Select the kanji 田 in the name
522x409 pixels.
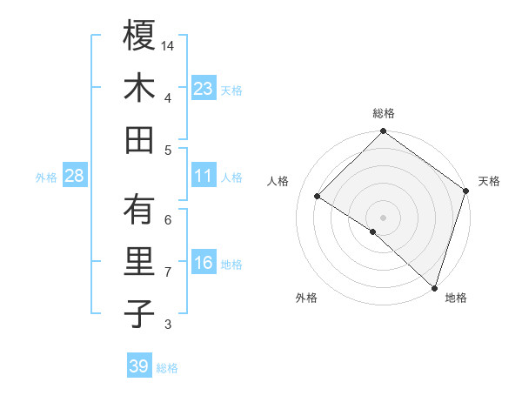coord(139,139)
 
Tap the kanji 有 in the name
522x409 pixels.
coord(139,209)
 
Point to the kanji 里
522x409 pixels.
coord(139,261)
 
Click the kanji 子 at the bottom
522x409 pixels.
coord(139,314)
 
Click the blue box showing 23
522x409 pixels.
coord(203,89)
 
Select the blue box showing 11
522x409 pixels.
coord(203,176)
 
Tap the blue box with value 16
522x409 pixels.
coord(203,264)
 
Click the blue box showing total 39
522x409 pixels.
coord(138,366)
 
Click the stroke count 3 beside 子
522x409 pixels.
coord(168,325)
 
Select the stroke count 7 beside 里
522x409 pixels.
coord(168,272)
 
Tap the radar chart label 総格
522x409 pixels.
coord(384,113)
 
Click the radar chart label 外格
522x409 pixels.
coord(306,298)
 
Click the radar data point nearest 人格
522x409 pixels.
coord(318,197)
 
